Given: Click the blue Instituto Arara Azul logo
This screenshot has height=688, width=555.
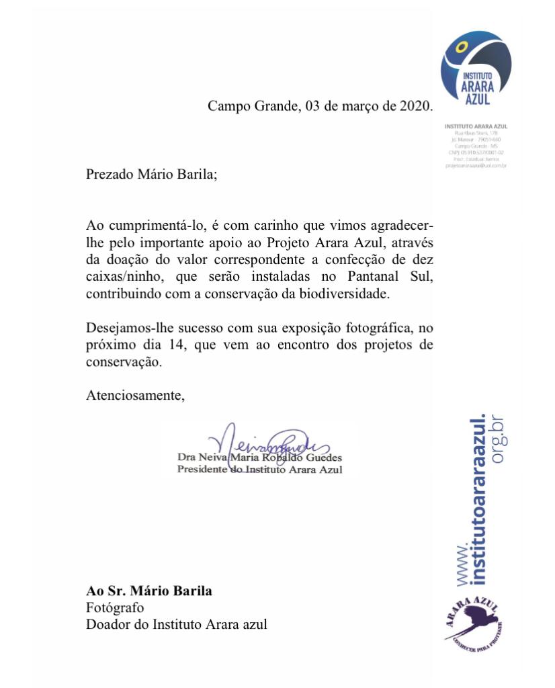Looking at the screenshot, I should click(476, 70).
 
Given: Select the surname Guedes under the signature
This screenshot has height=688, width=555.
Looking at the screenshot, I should click(323, 458).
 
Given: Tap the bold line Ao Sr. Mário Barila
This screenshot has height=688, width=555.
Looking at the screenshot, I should click(149, 591).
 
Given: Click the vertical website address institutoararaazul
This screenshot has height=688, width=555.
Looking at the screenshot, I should click(478, 497).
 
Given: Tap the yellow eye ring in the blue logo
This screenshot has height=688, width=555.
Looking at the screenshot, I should click(461, 48).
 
